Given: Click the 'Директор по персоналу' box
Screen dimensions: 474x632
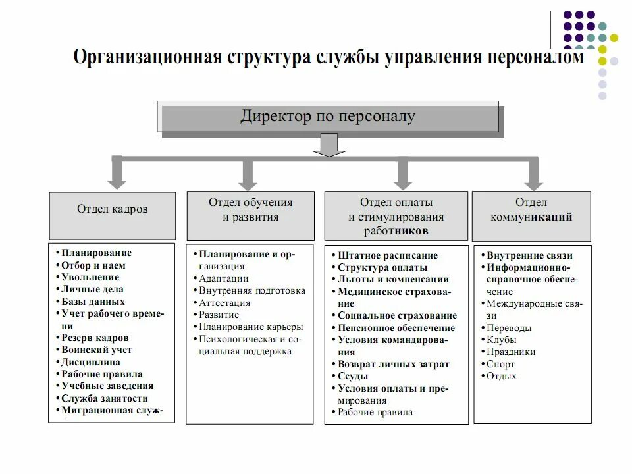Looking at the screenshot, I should point(327,117).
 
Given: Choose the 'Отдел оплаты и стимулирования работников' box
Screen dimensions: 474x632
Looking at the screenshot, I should point(396,216).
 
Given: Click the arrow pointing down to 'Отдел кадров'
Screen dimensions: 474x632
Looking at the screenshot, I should point(117,174).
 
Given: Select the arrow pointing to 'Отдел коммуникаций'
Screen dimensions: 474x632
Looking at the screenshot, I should point(533,174).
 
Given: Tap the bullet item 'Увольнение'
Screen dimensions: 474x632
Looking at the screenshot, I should point(90,277).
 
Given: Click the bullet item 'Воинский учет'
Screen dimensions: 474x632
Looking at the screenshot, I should point(97,350).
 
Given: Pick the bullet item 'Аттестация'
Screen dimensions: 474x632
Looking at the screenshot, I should point(224,303).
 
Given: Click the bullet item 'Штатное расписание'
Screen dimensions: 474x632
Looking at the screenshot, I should point(388,255).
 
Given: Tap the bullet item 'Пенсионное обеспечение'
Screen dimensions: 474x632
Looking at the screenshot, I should point(396,328).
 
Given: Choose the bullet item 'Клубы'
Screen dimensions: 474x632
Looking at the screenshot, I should point(502,340).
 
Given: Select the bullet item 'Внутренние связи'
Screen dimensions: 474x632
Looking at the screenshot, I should point(529,255).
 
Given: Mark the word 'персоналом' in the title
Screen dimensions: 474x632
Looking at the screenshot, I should point(535,59).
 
